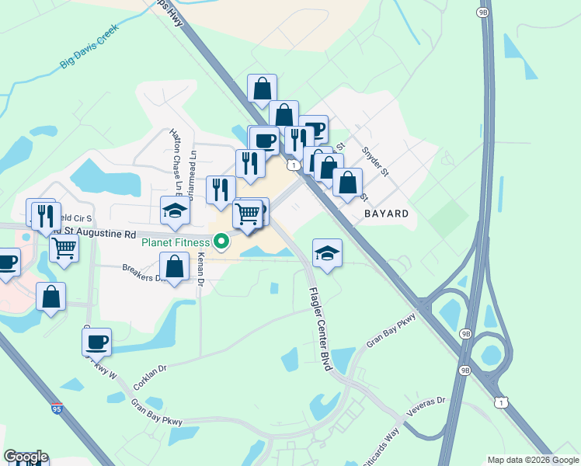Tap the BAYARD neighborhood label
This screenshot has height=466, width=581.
[386, 212]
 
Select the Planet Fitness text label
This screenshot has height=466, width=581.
[176, 242]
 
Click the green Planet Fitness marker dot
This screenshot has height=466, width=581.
[221, 242]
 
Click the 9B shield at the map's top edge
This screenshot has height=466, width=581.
[482, 13]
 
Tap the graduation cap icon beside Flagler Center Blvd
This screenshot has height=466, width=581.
[327, 252]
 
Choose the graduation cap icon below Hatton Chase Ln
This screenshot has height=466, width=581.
[175, 210]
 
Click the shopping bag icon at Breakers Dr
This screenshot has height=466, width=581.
[175, 266]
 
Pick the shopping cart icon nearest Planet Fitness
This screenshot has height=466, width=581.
[248, 214]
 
